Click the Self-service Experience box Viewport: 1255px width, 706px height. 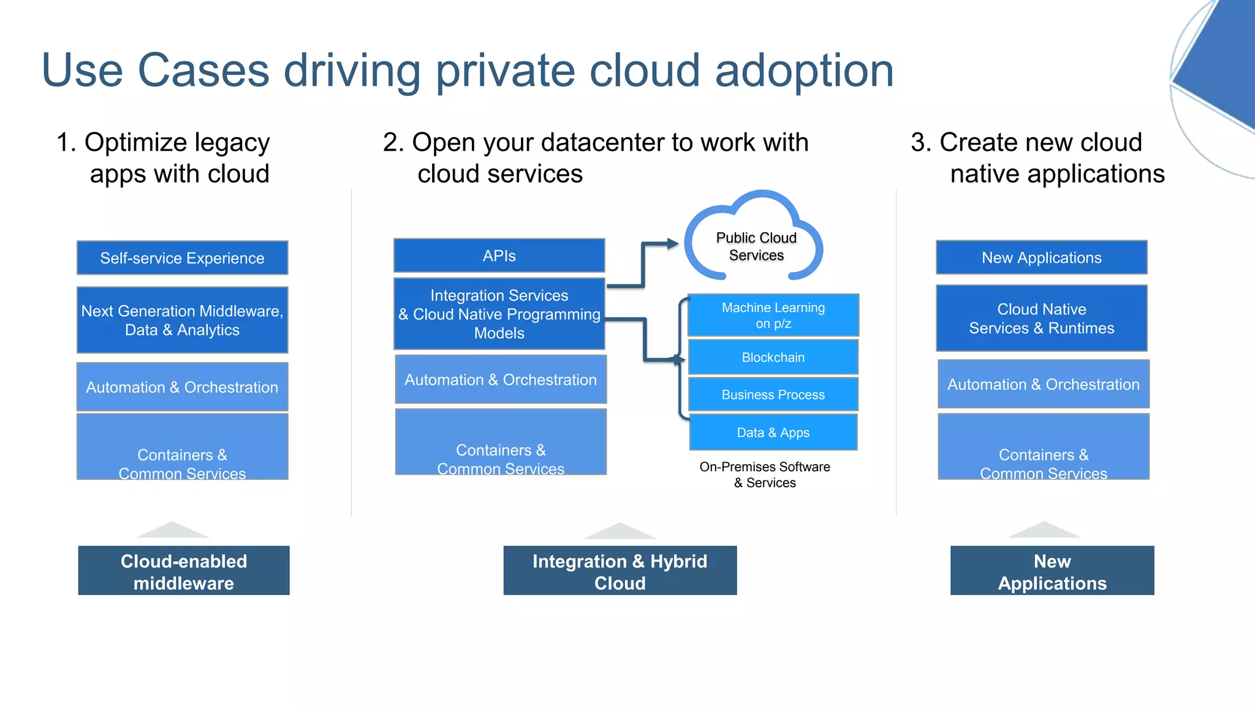pyautogui.click(x=182, y=258)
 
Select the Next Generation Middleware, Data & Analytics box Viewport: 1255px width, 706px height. pyautogui.click(x=182, y=320)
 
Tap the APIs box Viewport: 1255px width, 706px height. pyautogui.click(x=499, y=256)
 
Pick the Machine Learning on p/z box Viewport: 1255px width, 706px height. pyautogui.click(x=773, y=315)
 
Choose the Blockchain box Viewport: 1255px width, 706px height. pyautogui.click(x=773, y=357)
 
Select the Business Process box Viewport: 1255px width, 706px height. pyautogui.click(x=773, y=395)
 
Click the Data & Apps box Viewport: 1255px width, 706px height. pyautogui.click(x=773, y=433)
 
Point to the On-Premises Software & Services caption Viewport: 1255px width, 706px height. pyautogui.click(x=765, y=475)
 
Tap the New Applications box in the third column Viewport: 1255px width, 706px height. pyautogui.click(x=1041, y=257)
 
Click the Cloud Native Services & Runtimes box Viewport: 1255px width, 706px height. pyautogui.click(x=1041, y=319)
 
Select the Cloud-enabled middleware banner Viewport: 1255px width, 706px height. pyautogui.click(x=184, y=571)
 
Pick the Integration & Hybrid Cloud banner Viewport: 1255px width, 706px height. pyautogui.click(x=620, y=571)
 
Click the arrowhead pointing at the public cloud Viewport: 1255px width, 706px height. pyautogui.click(x=673, y=244)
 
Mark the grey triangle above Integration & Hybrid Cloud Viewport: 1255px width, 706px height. pyautogui.click(x=620, y=531)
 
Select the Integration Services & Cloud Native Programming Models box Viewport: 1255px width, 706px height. pyautogui.click(x=499, y=314)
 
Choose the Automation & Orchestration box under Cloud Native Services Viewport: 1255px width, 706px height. pyautogui.click(x=1043, y=384)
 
